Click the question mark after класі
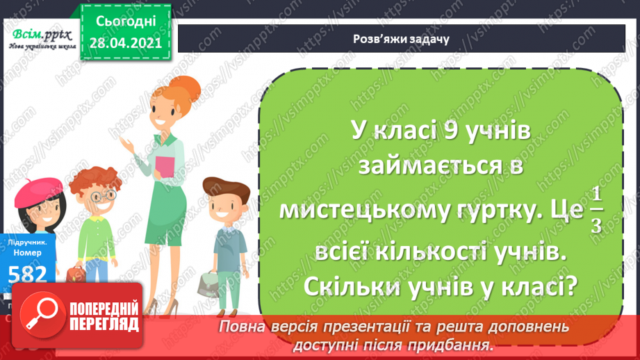(x=568, y=284)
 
